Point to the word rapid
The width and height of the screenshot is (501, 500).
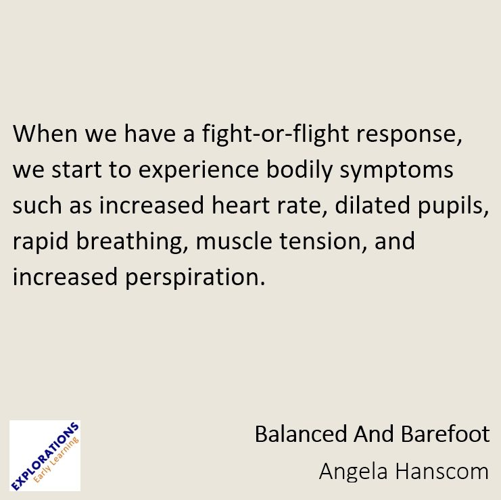[38, 242]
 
